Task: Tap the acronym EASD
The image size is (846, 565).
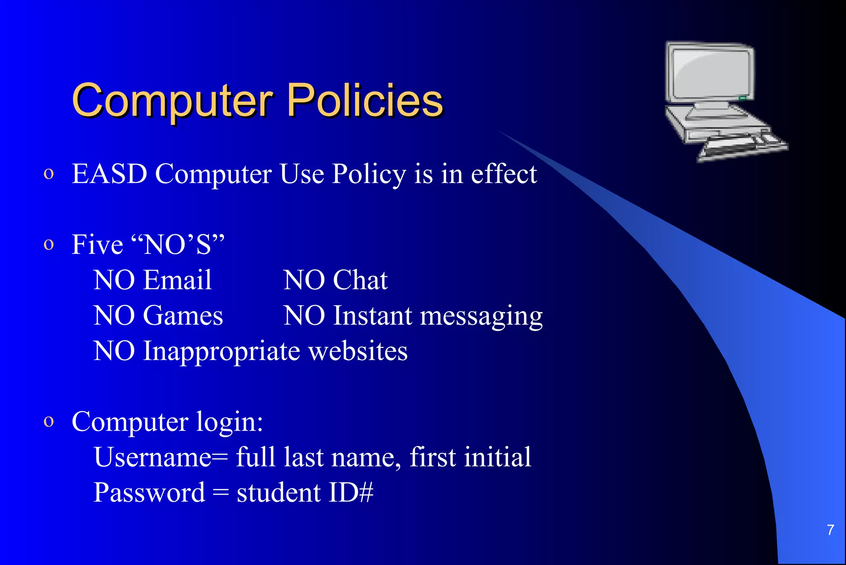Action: [109, 174]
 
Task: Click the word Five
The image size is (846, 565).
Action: [97, 244]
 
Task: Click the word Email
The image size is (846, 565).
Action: [178, 280]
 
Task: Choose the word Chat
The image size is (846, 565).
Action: [360, 280]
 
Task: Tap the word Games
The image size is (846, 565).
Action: [183, 316]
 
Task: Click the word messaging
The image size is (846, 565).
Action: [481, 316]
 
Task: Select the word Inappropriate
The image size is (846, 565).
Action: [221, 352]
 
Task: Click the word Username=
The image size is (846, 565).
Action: [161, 457]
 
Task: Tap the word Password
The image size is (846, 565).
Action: [149, 493]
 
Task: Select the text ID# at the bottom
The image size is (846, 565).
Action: [351, 493]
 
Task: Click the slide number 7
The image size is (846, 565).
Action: [830, 530]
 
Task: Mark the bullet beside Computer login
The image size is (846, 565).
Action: [49, 422]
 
